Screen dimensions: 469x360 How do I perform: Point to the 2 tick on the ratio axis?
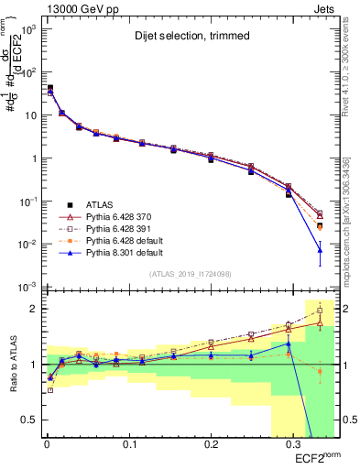tap(33, 309)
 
